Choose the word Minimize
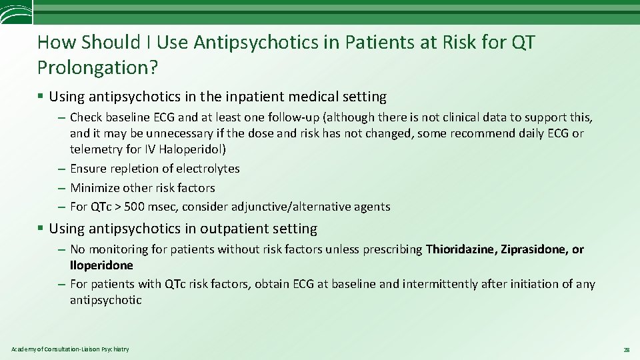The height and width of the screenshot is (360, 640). tap(95, 188)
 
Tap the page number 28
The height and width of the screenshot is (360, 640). tap(626, 349)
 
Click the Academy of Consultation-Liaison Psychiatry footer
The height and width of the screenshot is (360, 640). tap(70, 349)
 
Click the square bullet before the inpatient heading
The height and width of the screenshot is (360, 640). tap(41, 97)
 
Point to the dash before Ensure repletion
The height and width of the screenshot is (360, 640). tap(61, 169)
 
